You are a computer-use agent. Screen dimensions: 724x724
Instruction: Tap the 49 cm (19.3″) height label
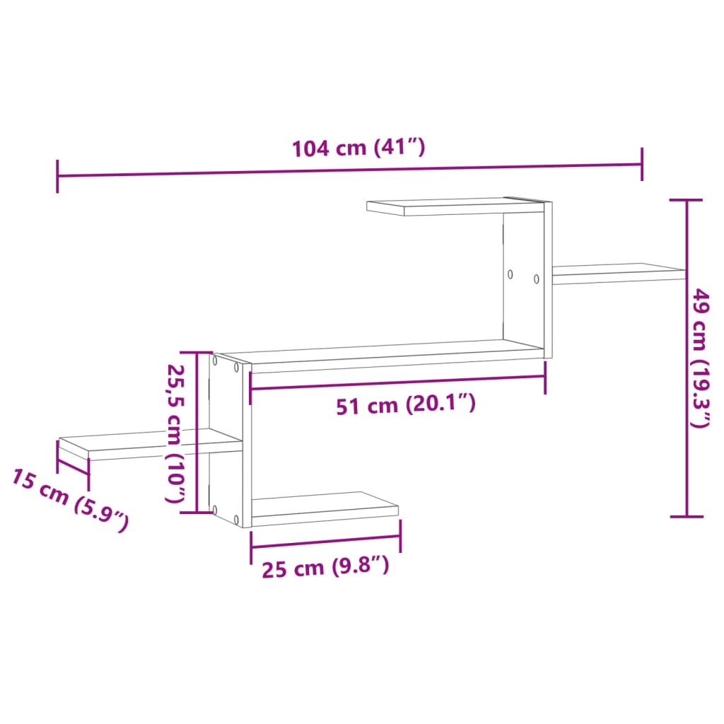[x=701, y=358]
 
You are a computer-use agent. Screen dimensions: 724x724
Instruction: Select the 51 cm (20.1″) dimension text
[x=404, y=405]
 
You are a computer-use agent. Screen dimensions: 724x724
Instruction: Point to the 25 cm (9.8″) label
[x=325, y=567]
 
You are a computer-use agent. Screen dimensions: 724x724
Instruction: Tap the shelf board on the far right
[x=619, y=273]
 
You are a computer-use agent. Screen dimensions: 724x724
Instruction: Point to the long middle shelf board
[x=382, y=355]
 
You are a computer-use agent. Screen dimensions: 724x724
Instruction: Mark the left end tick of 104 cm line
[x=57, y=176]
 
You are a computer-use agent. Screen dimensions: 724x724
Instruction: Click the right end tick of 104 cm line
[x=642, y=165]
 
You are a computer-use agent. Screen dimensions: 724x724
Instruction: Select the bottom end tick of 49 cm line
[x=687, y=517]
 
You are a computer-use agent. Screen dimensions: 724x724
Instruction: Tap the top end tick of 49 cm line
[x=687, y=201]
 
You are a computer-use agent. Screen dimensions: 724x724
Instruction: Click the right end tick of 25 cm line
[x=400, y=536]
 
